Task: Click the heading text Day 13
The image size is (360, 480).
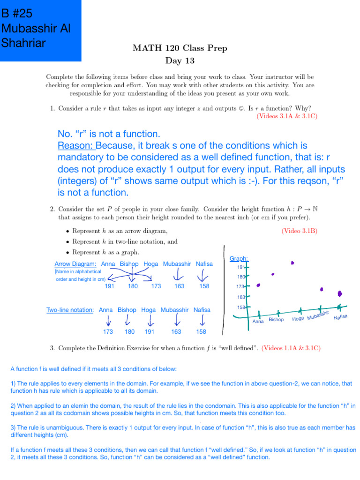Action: click(180, 60)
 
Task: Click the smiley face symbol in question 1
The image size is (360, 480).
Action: click(240, 108)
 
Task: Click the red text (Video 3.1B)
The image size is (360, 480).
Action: click(299, 231)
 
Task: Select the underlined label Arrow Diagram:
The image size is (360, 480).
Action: click(75, 264)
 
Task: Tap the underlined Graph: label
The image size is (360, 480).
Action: click(239, 259)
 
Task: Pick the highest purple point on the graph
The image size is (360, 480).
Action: click(292, 263)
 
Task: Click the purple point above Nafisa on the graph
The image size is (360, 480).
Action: click(340, 293)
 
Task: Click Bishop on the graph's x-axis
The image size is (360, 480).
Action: click(277, 320)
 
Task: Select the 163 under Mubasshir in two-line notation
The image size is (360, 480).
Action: click(176, 331)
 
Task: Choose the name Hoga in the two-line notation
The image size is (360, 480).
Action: click(148, 310)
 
